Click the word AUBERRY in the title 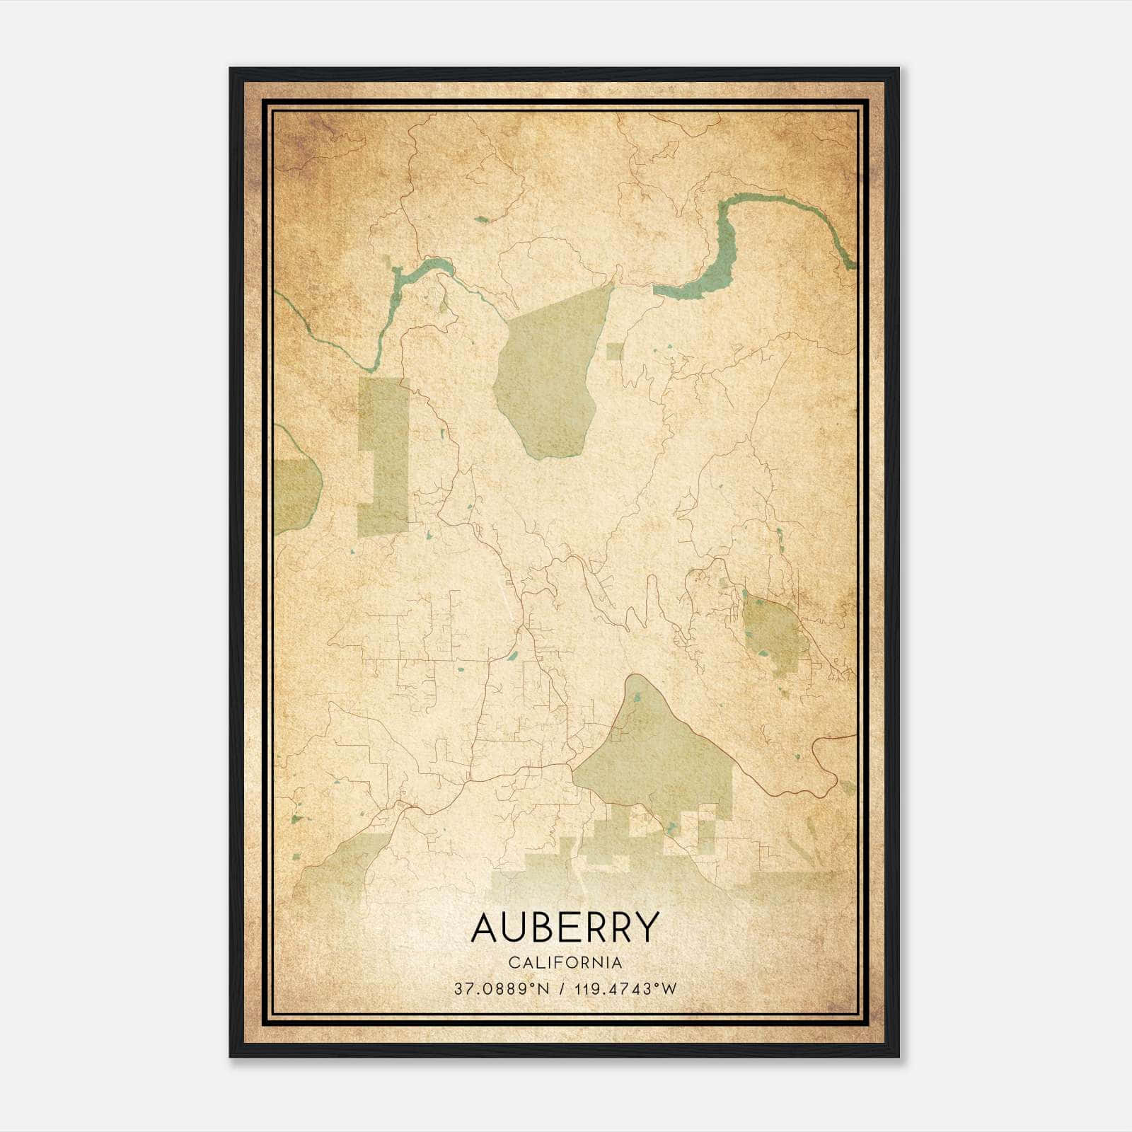click(x=565, y=928)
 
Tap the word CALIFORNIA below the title click(x=565, y=963)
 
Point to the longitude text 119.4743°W click(x=625, y=988)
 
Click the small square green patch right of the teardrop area click(x=614, y=351)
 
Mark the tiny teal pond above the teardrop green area click(x=481, y=219)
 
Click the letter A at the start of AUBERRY click(x=486, y=928)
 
